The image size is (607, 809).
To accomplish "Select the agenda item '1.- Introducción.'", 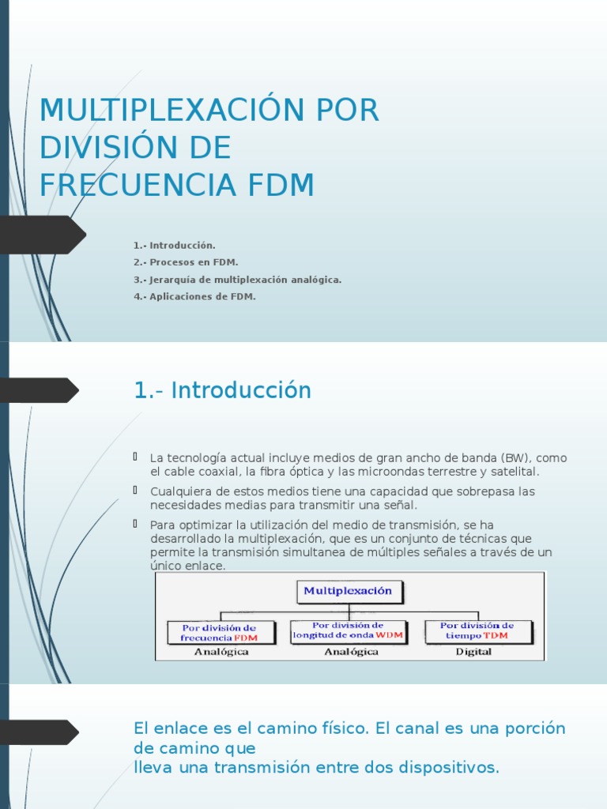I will pyautogui.click(x=175, y=246).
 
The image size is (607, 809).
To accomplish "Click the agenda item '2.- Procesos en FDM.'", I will pyautogui.click(x=186, y=262).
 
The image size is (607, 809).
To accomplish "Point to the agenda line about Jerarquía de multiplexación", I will pyautogui.click(x=237, y=280).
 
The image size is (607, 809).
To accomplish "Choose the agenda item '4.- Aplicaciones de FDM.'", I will pyautogui.click(x=194, y=297).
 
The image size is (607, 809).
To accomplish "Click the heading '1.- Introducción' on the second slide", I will pyautogui.click(x=223, y=390).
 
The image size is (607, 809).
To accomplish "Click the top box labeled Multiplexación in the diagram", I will pyautogui.click(x=349, y=591).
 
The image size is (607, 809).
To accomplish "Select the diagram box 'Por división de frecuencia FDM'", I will pyautogui.click(x=222, y=632).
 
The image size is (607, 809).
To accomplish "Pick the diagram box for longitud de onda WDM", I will pyautogui.click(x=349, y=630).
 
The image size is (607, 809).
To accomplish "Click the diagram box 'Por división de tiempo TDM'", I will pyautogui.click(x=477, y=630).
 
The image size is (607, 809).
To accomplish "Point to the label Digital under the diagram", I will pyautogui.click(x=473, y=652).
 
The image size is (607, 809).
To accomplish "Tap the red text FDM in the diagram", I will pyautogui.click(x=246, y=638).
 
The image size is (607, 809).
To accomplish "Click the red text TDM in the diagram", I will pyautogui.click(x=496, y=635).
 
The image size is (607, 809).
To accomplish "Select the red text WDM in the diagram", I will pyautogui.click(x=390, y=635).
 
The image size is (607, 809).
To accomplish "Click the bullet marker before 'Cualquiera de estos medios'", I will pyautogui.click(x=136, y=490).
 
